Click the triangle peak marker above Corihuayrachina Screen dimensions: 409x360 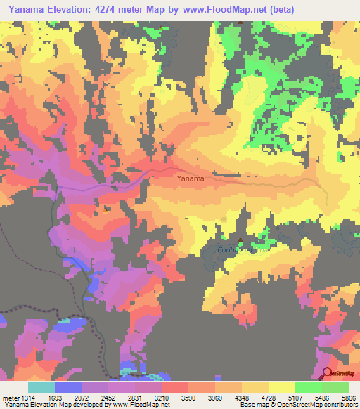[241, 240]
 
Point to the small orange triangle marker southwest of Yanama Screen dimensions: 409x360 [105, 208]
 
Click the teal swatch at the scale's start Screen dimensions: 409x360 [41, 387]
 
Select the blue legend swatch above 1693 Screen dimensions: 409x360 [67, 387]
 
